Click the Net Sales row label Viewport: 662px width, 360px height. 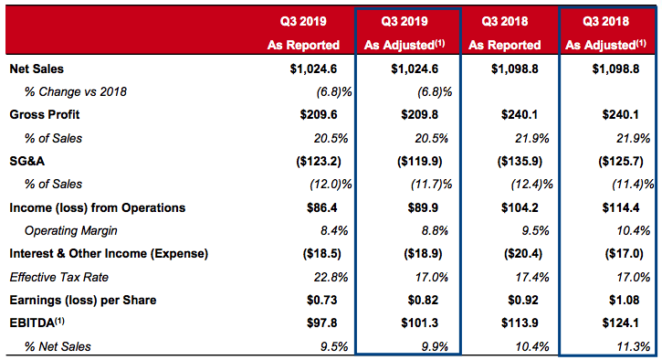(37, 69)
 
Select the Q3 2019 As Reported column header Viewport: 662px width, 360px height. (303, 33)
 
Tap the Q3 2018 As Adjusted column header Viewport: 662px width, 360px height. (606, 33)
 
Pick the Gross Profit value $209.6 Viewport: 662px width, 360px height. (319, 114)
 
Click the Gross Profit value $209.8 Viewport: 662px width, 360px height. (420, 114)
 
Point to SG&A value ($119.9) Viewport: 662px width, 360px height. (420, 162)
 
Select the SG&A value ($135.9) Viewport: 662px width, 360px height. (520, 162)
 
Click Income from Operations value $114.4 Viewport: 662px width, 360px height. (621, 208)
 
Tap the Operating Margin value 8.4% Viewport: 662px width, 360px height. (331, 230)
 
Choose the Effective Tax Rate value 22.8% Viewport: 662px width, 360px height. (331, 277)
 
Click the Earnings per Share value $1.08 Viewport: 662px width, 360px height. (624, 300)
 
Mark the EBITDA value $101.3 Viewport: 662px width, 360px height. (420, 323)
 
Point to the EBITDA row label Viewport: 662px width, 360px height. (37, 323)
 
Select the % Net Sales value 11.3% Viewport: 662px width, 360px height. (634, 346)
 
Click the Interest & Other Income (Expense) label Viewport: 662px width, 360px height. (109, 253)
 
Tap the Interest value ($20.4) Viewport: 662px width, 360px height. (523, 253)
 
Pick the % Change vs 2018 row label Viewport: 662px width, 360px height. (76, 91)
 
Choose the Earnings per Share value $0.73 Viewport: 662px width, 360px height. (322, 300)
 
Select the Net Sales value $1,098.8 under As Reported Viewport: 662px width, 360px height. (515, 69)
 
